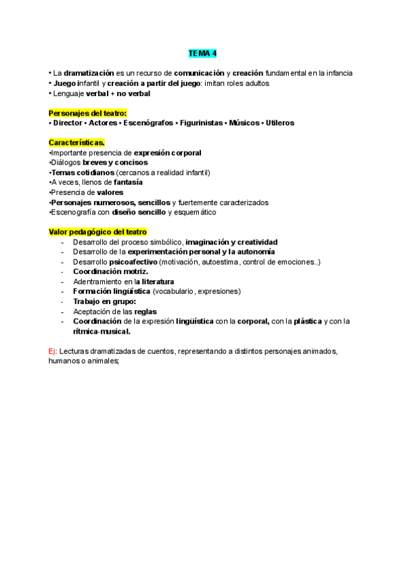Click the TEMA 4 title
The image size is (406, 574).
pos(202,53)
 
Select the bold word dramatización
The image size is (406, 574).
pos(92,72)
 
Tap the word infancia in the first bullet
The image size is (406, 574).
pos(336,72)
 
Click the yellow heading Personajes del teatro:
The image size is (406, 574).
pos(87,112)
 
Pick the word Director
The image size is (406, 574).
pos(68,123)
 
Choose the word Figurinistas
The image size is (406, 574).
pos(202,123)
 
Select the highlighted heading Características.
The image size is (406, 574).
pos(76,142)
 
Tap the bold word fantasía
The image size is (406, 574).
pos(128,182)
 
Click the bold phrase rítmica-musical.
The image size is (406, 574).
pos(101,331)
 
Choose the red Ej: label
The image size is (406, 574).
pos(53,351)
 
